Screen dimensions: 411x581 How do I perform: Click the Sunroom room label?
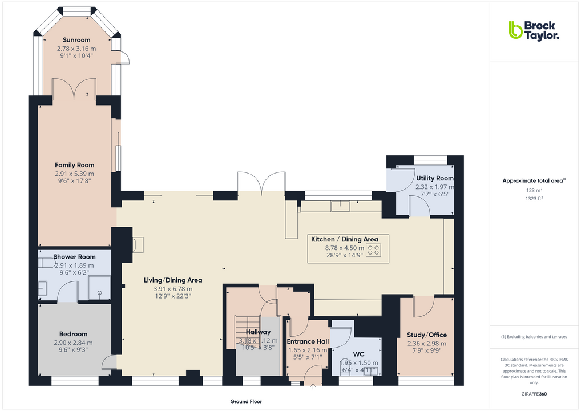[x=77, y=40]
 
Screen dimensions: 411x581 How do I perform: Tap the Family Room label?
[x=75, y=165]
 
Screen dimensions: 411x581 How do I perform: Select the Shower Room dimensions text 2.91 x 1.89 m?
[x=75, y=265]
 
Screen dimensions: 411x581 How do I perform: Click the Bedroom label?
[x=74, y=334]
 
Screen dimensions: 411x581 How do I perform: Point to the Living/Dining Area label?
[x=173, y=280]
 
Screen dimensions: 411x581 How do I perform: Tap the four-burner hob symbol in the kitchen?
[x=374, y=250]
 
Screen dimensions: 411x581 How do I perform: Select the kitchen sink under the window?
[x=342, y=205]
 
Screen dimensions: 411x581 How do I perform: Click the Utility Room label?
[x=435, y=178]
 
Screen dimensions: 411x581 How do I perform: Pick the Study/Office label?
[x=427, y=335]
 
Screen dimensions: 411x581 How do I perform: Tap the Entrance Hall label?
[x=308, y=341]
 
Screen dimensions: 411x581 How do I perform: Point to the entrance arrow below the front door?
[x=313, y=387]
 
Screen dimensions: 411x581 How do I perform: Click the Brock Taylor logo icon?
[x=515, y=30]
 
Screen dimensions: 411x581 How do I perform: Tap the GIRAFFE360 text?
[x=534, y=394]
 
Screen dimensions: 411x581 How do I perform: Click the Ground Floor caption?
[x=246, y=401]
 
